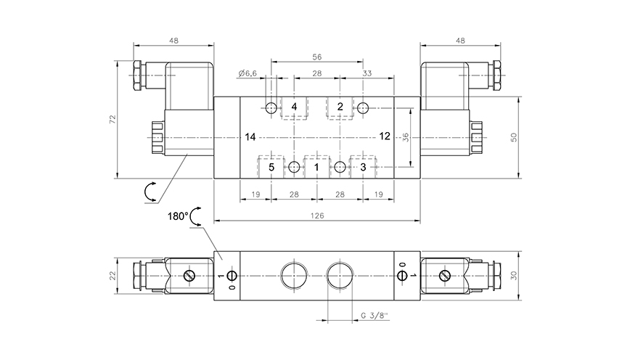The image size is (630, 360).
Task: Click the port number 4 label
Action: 294,107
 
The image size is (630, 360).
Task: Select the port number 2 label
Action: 340,107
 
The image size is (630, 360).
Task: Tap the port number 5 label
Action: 271,168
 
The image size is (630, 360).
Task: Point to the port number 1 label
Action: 316,168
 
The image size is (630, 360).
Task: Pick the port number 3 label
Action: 363,168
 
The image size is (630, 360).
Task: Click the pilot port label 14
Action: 250,136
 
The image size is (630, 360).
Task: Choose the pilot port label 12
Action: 385,136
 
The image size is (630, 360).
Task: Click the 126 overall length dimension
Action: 316,216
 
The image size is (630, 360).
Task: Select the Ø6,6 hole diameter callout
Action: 247,73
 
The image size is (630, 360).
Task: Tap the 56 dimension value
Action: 316,57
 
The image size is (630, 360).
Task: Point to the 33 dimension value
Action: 367,73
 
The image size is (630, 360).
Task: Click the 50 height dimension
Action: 513,137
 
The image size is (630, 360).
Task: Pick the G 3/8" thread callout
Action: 375,316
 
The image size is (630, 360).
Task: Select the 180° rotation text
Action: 178,216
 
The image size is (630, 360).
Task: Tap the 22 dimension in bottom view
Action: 112,276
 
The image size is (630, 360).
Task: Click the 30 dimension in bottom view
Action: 515,276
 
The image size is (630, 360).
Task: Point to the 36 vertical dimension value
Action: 406,137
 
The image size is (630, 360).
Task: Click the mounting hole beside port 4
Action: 271,108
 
